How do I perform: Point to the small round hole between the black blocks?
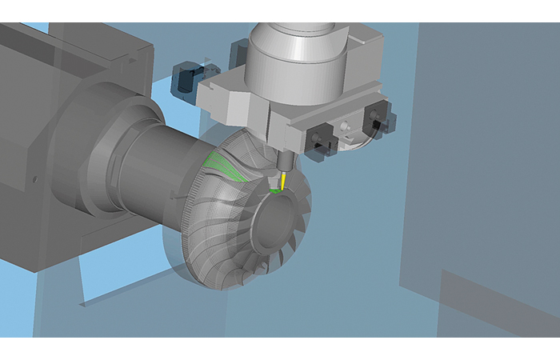(346, 126)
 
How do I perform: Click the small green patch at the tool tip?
(277, 190)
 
